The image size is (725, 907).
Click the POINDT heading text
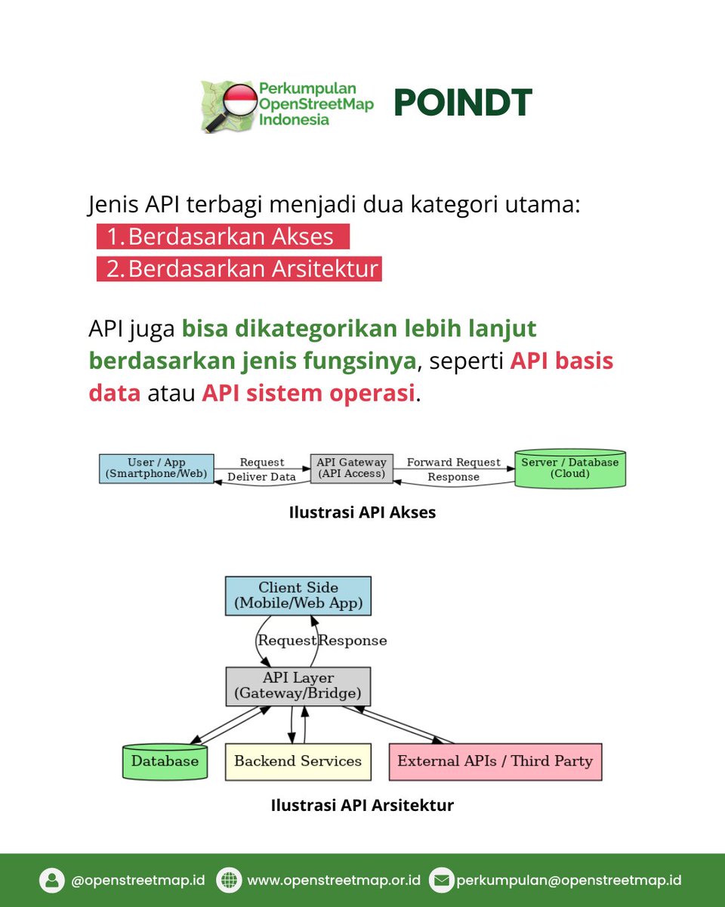coord(462,104)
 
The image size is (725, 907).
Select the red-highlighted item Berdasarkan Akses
coord(223,237)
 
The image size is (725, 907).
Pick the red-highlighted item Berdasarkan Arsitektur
coord(239,269)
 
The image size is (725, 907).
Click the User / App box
coord(156,469)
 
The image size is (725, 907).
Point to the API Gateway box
coord(351,469)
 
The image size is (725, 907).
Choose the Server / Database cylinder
coord(569,469)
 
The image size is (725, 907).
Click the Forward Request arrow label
coord(453,462)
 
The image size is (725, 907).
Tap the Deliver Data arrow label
coord(261,477)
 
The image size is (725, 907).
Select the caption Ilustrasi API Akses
coord(362,512)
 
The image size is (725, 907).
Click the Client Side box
coord(298,596)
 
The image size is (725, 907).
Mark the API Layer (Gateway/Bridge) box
coord(298,686)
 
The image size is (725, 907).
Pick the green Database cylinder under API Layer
coord(165,761)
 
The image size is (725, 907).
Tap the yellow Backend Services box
coord(298,761)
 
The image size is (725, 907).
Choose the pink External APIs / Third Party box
coord(495,761)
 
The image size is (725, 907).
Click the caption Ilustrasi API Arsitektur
coord(362,805)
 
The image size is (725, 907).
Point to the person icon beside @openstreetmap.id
coord(52,881)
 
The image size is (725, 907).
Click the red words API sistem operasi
coord(308,393)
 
